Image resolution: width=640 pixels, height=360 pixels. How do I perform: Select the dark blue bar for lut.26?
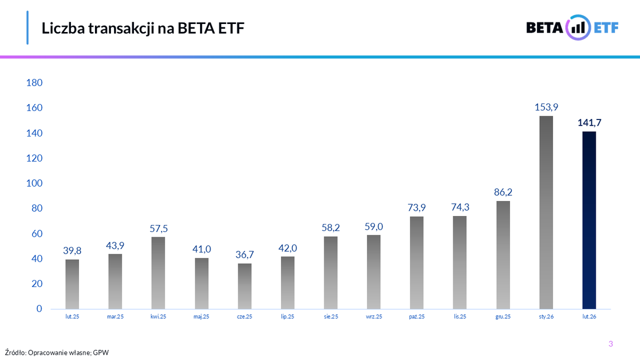tap(589, 220)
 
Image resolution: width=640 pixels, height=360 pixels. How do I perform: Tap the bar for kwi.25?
tap(158, 273)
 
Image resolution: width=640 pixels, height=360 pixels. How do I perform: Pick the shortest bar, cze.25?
tap(245, 286)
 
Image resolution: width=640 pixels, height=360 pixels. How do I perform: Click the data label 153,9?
tap(546, 107)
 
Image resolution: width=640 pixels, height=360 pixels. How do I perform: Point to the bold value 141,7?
tap(589, 122)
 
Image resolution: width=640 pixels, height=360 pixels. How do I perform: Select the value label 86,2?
tap(503, 191)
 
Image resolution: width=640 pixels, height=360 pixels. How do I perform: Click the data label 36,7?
tap(245, 254)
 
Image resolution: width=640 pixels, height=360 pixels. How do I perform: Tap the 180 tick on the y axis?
tap(34, 83)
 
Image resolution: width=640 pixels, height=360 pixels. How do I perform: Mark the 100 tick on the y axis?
tap(34, 183)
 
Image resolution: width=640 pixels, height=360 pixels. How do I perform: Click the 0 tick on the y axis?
tap(39, 309)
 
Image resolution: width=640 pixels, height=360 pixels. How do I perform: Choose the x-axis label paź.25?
tap(417, 317)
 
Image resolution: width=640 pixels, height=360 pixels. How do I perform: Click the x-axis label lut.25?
tap(73, 317)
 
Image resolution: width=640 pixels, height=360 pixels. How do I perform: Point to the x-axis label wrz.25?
tap(374, 317)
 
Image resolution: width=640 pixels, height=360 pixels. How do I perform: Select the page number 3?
tap(611, 344)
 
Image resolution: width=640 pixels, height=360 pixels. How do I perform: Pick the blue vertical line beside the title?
tap(27, 27)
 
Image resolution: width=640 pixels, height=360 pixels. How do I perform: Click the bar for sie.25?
tap(331, 273)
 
